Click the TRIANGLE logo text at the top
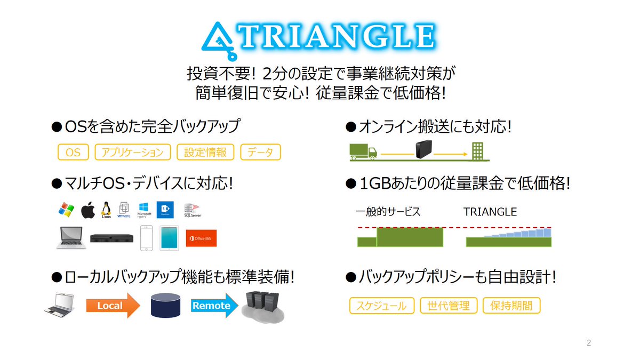click(x=341, y=37)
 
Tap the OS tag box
click(x=73, y=153)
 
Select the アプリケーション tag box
click(x=133, y=153)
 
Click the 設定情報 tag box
click(x=205, y=153)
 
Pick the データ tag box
click(x=260, y=153)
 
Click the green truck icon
click(x=363, y=151)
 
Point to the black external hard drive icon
click(x=423, y=149)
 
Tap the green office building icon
click(x=478, y=151)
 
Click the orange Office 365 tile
click(x=201, y=238)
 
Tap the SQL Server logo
click(x=192, y=211)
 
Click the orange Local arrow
click(x=112, y=306)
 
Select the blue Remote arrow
click(x=213, y=306)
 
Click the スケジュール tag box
click(x=382, y=306)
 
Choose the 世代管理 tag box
click(x=449, y=306)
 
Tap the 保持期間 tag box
click(x=511, y=306)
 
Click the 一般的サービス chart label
click(x=388, y=212)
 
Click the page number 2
click(x=589, y=343)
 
